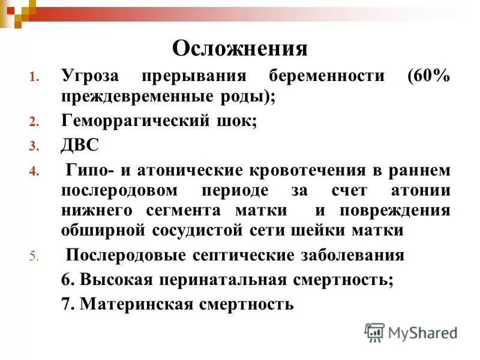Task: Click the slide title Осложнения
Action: tap(240, 49)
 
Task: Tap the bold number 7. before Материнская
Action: tap(67, 304)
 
